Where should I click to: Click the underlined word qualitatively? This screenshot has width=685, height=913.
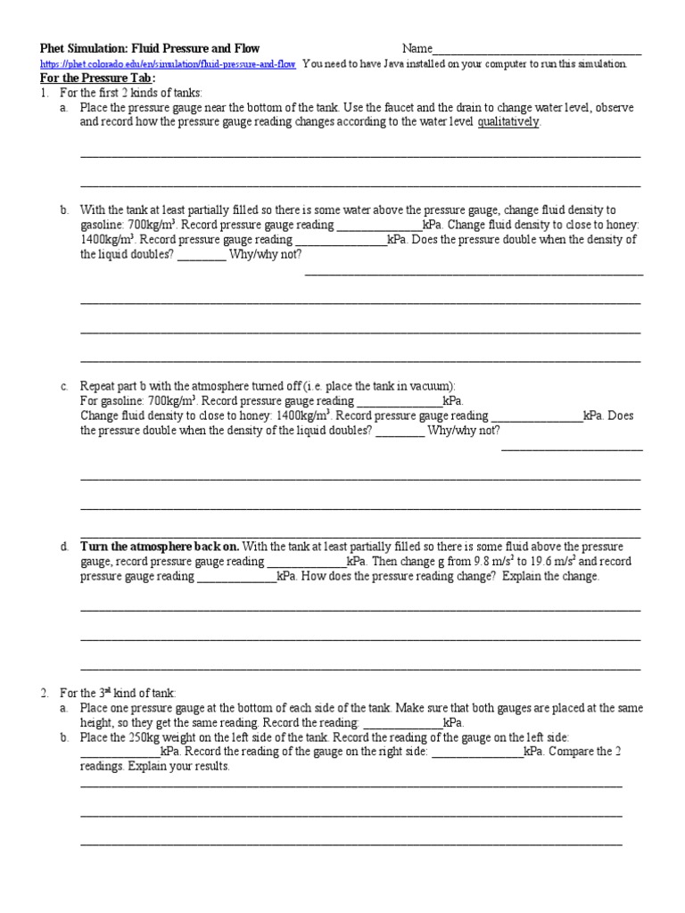tap(508, 122)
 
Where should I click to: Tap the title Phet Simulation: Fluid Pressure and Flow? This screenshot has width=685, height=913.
tap(150, 48)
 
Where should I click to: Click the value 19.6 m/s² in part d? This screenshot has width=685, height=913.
tap(553, 562)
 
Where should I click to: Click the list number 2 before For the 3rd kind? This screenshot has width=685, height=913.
tap(43, 693)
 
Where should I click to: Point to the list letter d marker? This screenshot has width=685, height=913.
tap(64, 547)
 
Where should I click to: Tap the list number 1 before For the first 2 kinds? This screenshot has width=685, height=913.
tap(43, 93)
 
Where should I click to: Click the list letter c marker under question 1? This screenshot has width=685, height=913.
tap(64, 386)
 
